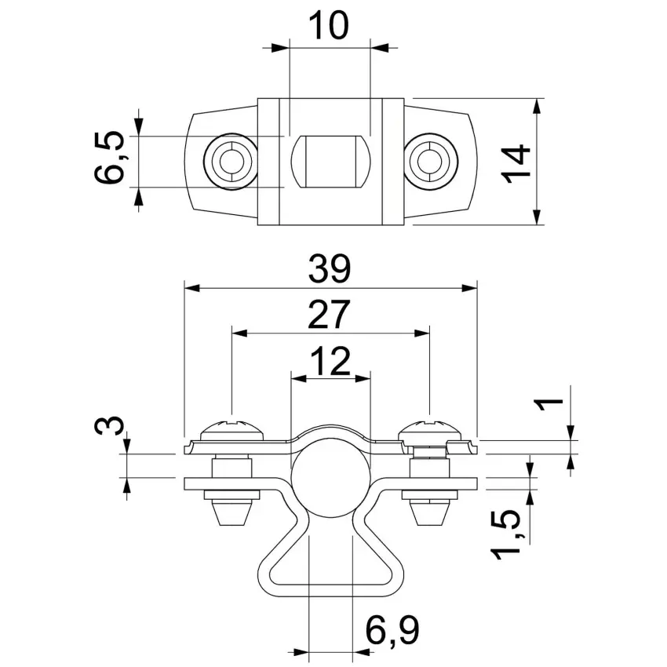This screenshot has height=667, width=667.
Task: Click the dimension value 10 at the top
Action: pos(328,26)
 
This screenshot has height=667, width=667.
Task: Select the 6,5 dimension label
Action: pos(109,158)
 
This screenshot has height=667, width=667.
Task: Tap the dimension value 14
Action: pos(516,164)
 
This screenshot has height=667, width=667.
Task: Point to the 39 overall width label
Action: pos(330,269)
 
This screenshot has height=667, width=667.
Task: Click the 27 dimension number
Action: pos(329,315)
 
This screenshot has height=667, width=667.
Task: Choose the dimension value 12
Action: pos(330,361)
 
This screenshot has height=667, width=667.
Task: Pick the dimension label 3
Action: pos(109,425)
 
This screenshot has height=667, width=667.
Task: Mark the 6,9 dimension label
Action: pos(392,629)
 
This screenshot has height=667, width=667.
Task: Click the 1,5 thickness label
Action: pos(506,534)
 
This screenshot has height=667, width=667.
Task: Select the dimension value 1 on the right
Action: pos(549,404)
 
